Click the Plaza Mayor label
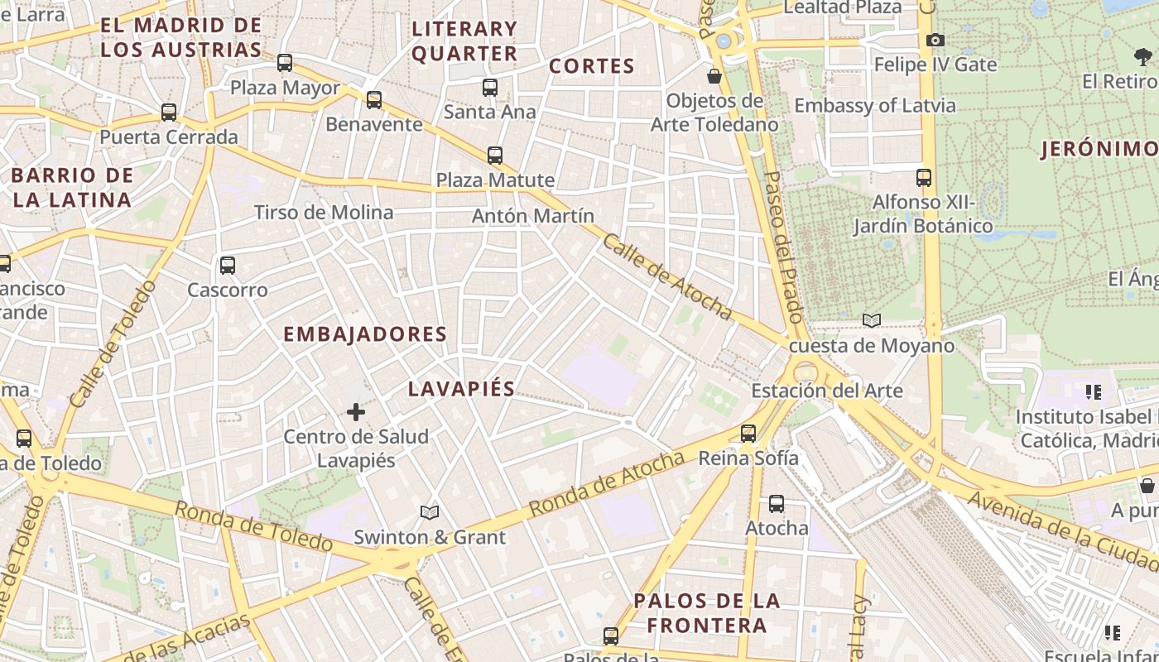coord(285,88)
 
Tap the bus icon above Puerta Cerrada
coord(169,112)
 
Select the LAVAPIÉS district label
coord(462,389)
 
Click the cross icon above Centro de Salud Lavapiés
coord(356,411)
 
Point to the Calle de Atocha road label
coord(667,276)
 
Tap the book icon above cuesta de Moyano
coord(871,320)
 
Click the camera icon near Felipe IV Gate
coord(935,40)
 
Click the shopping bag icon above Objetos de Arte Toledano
coord(714,76)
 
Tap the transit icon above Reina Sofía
coord(748,433)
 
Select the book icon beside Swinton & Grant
coord(429,513)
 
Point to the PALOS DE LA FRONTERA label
coord(707,612)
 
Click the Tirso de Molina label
coord(324,213)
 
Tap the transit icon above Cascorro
coord(228,266)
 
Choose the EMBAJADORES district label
coord(365,334)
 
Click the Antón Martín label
coord(533,216)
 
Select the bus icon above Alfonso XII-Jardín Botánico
coord(924,177)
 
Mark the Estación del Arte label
coord(827,391)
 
